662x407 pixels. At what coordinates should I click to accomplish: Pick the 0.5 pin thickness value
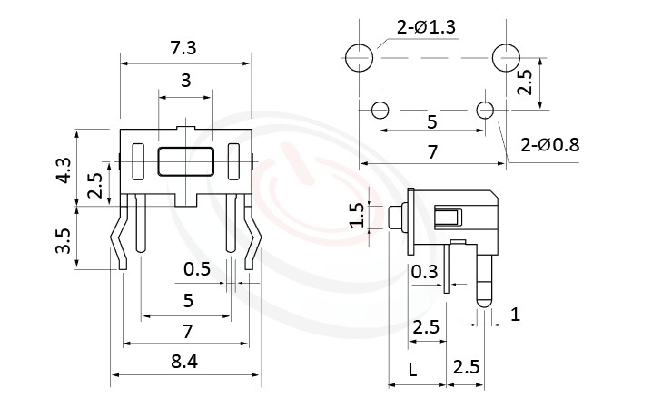pos(196,269)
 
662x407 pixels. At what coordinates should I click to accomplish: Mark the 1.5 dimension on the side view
pos(357,216)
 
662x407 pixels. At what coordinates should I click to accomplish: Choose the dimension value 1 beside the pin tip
pos(515,315)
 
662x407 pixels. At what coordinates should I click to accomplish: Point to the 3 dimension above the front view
pos(186,81)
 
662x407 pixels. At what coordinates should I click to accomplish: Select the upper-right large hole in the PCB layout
pos(506,58)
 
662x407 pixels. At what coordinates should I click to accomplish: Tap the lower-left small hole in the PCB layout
pos(380,111)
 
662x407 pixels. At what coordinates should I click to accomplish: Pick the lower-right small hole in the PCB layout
pos(486,111)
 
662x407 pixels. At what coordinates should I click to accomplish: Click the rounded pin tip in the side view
pos(484,294)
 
